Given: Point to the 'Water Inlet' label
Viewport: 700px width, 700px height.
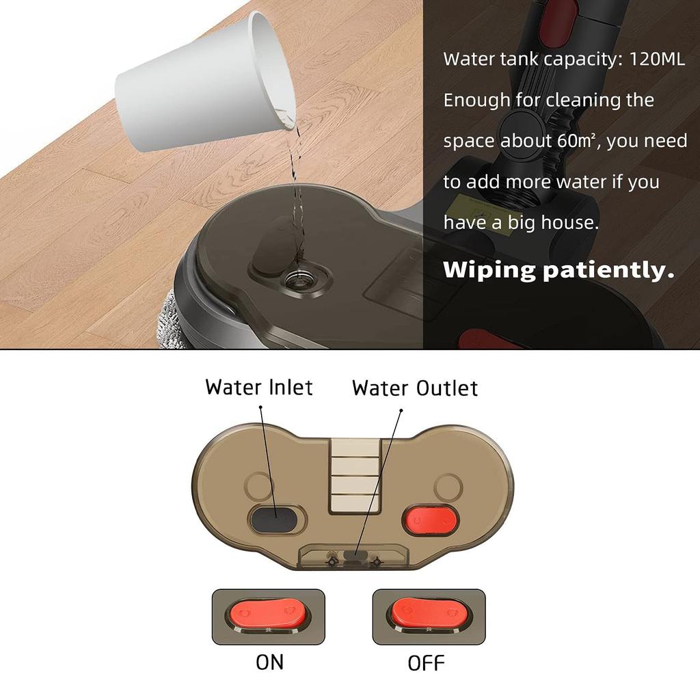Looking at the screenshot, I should pyautogui.click(x=258, y=387).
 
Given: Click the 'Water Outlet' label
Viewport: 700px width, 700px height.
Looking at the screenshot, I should pyautogui.click(x=415, y=388).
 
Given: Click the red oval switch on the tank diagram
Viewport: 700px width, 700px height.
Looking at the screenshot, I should pyautogui.click(x=429, y=520).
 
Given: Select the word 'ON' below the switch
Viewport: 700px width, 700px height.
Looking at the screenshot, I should pyautogui.click(x=269, y=662).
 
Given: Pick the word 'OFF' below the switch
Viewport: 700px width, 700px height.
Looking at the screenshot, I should pyautogui.click(x=426, y=662).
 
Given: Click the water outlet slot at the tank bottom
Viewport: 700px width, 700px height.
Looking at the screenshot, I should pyautogui.click(x=353, y=556).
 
